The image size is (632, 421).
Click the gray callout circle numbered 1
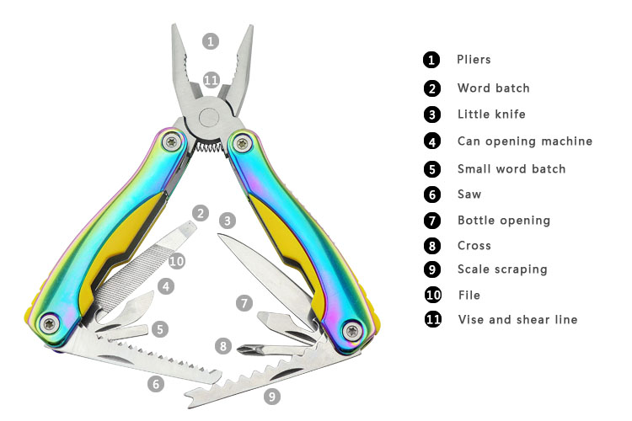pos(211,41)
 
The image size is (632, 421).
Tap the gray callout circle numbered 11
pos(212,80)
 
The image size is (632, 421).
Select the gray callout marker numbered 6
pos(156,384)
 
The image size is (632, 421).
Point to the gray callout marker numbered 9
pos(272,397)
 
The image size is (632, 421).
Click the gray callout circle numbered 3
pos(228,221)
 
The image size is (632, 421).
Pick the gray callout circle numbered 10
pos(177,262)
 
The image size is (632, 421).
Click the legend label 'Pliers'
pos(474,60)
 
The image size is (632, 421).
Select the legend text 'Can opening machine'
pos(525,141)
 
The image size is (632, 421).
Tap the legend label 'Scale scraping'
pos(502,269)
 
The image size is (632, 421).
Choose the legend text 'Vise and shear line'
pos(518,319)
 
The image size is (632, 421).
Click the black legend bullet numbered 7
pos(432,221)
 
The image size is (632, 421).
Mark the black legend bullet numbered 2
pos(432,88)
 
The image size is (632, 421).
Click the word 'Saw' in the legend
pos(469,195)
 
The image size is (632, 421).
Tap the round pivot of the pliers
pos(209,119)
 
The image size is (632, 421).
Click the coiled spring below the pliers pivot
pos(209,147)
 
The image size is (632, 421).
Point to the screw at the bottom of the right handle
pos(352,331)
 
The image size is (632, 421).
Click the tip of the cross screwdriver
pos(238,349)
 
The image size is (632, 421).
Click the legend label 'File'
pos(469,296)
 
